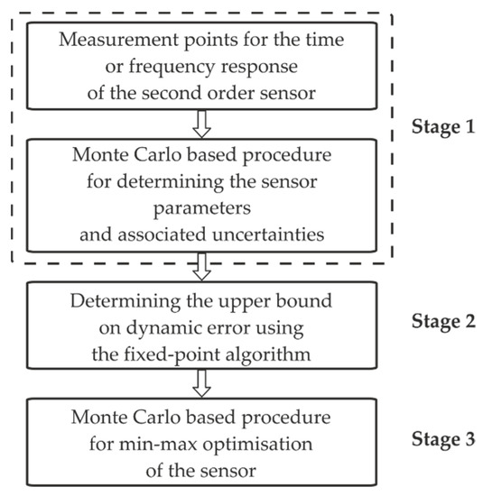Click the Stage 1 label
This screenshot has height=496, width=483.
[441, 126]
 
